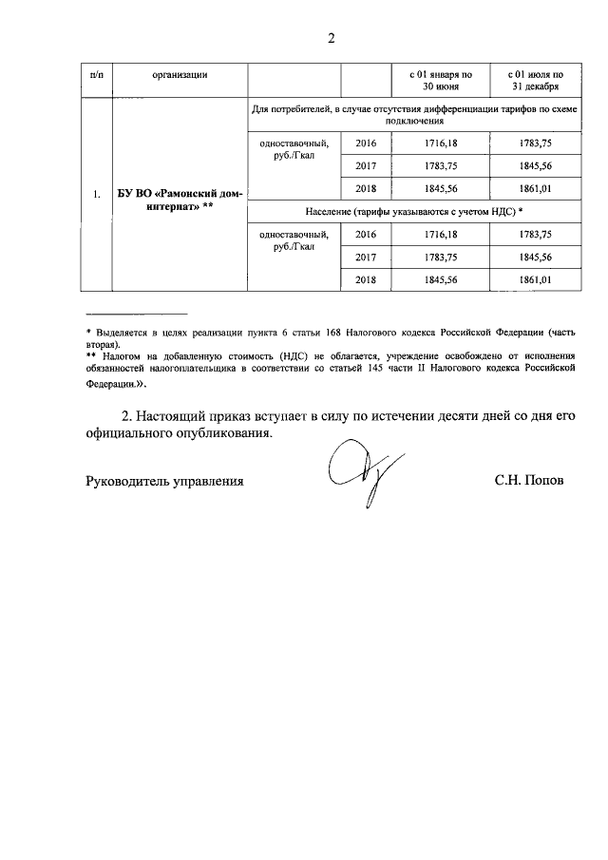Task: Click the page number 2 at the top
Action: (x=331, y=39)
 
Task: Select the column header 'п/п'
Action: (x=97, y=74)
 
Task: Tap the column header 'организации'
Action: (x=180, y=74)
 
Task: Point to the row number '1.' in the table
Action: (x=97, y=196)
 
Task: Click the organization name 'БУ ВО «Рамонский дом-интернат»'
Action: (x=180, y=201)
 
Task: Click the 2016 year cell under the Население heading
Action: (x=366, y=234)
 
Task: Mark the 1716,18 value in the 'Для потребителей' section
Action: (x=440, y=143)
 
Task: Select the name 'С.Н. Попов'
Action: (x=529, y=482)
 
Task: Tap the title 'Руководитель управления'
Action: (x=164, y=482)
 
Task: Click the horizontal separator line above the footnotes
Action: (x=136, y=314)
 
